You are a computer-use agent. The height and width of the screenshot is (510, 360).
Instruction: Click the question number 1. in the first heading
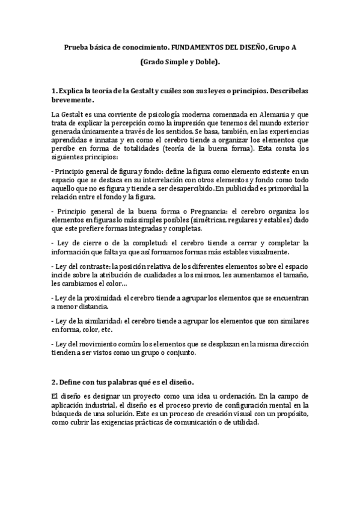pos(55,91)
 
